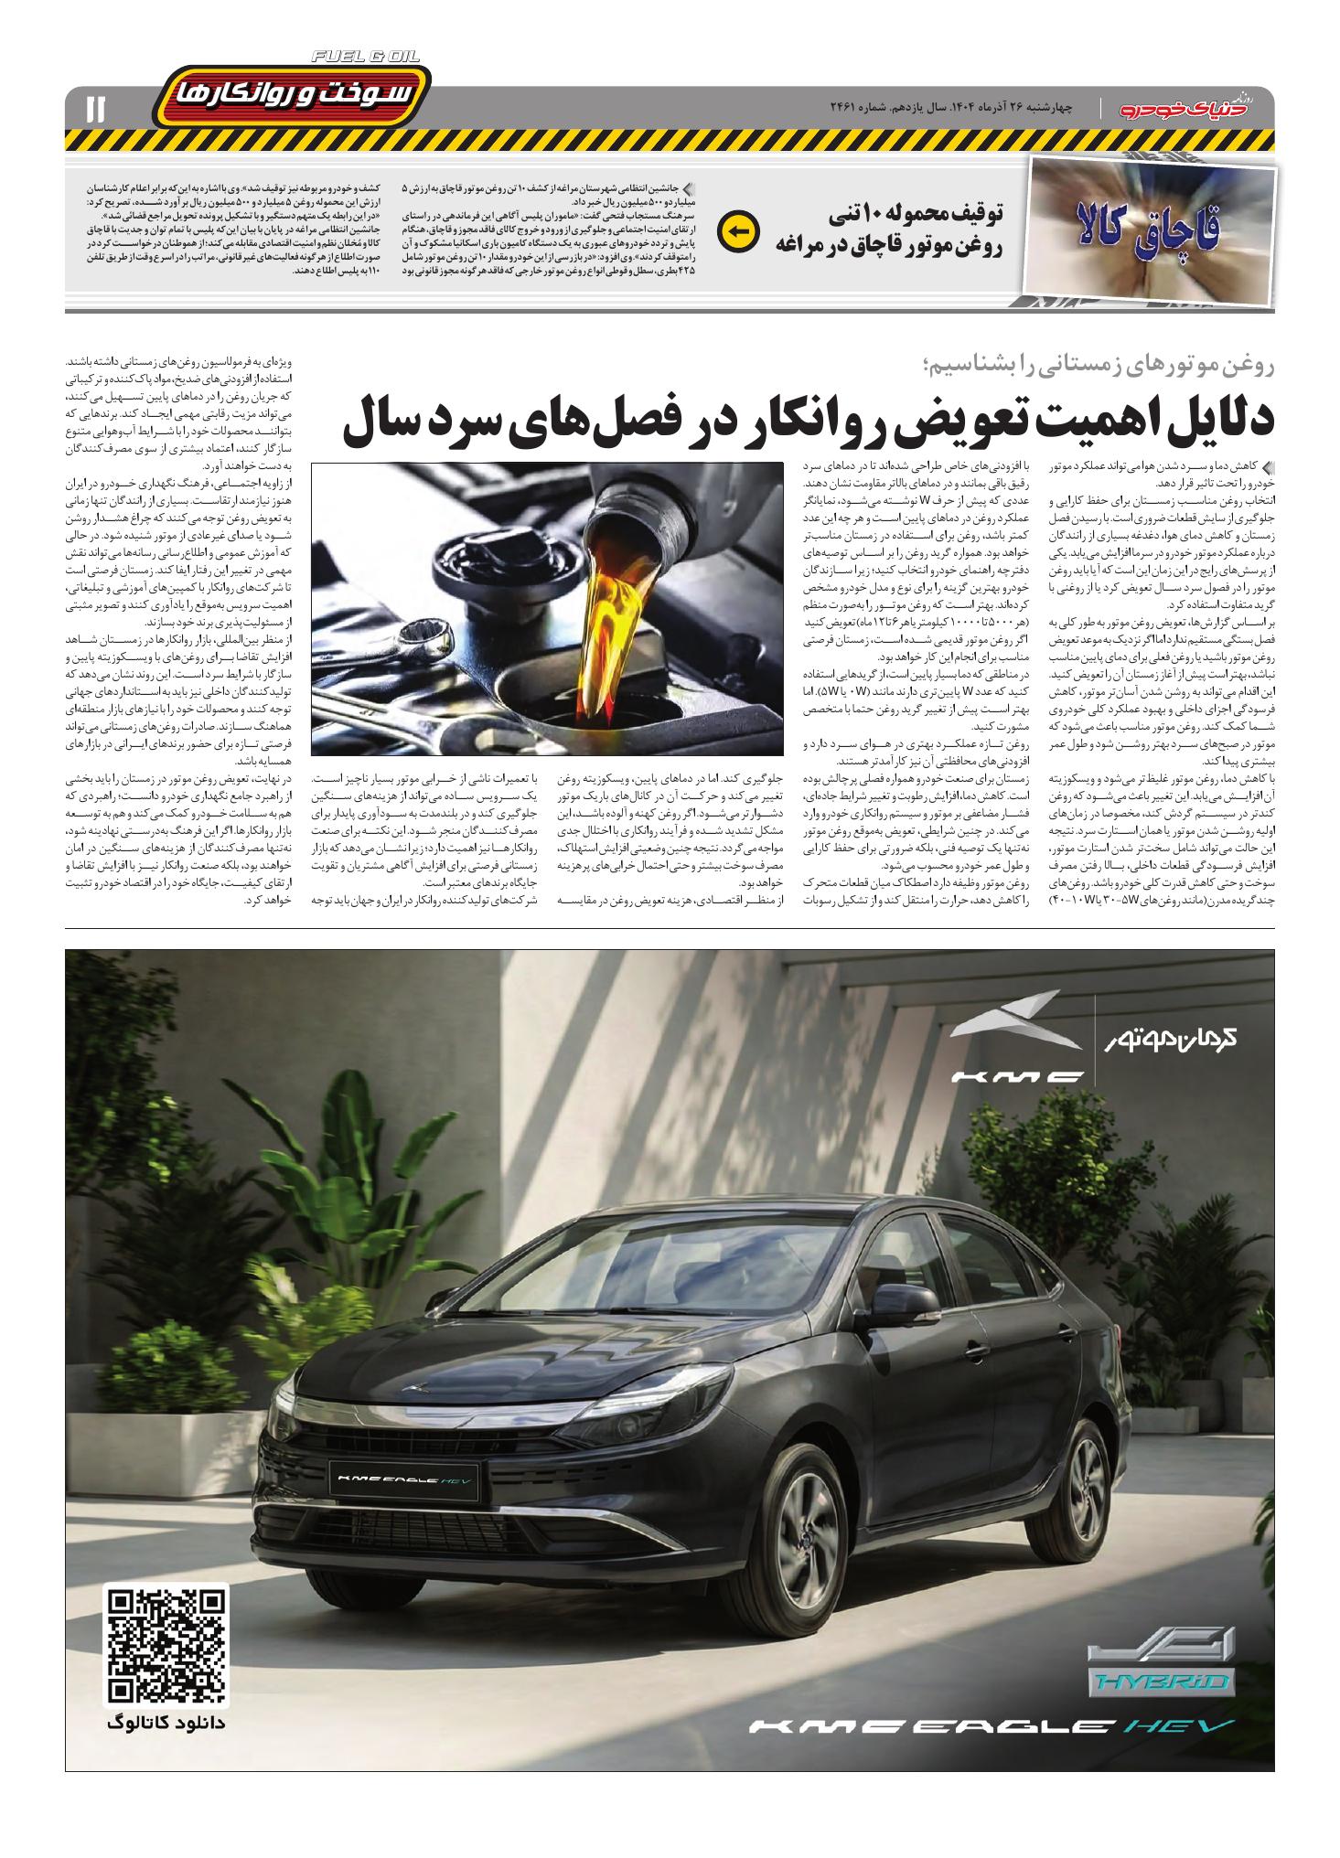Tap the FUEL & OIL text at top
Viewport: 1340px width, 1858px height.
pos(365,57)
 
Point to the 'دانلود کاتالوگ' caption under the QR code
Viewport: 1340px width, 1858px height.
pos(167,1722)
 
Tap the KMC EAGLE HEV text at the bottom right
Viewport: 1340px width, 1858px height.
pos(992,1725)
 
